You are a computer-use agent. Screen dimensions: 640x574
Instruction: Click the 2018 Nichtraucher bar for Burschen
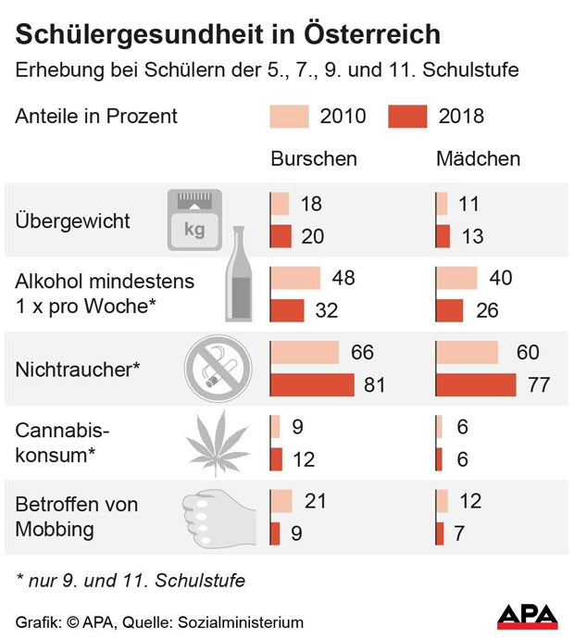pyautogui.click(x=312, y=384)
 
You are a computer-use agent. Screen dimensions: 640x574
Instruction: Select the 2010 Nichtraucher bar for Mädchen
pyautogui.click(x=467, y=353)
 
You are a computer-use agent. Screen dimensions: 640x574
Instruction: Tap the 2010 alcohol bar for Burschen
pyautogui.click(x=295, y=278)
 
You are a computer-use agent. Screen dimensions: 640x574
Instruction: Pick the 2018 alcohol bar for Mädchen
pyautogui.click(x=450, y=310)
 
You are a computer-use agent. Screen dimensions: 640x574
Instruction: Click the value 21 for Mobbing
pyautogui.click(x=317, y=501)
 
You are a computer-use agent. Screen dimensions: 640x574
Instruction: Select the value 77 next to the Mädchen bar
pyautogui.click(x=539, y=385)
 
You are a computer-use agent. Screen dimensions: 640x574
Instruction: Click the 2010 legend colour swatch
pyautogui.click(x=289, y=117)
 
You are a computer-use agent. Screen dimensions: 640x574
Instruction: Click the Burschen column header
pyautogui.click(x=314, y=158)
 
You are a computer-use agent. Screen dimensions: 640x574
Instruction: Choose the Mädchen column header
pyautogui.click(x=478, y=158)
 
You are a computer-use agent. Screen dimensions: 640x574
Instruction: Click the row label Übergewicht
pyautogui.click(x=73, y=222)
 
